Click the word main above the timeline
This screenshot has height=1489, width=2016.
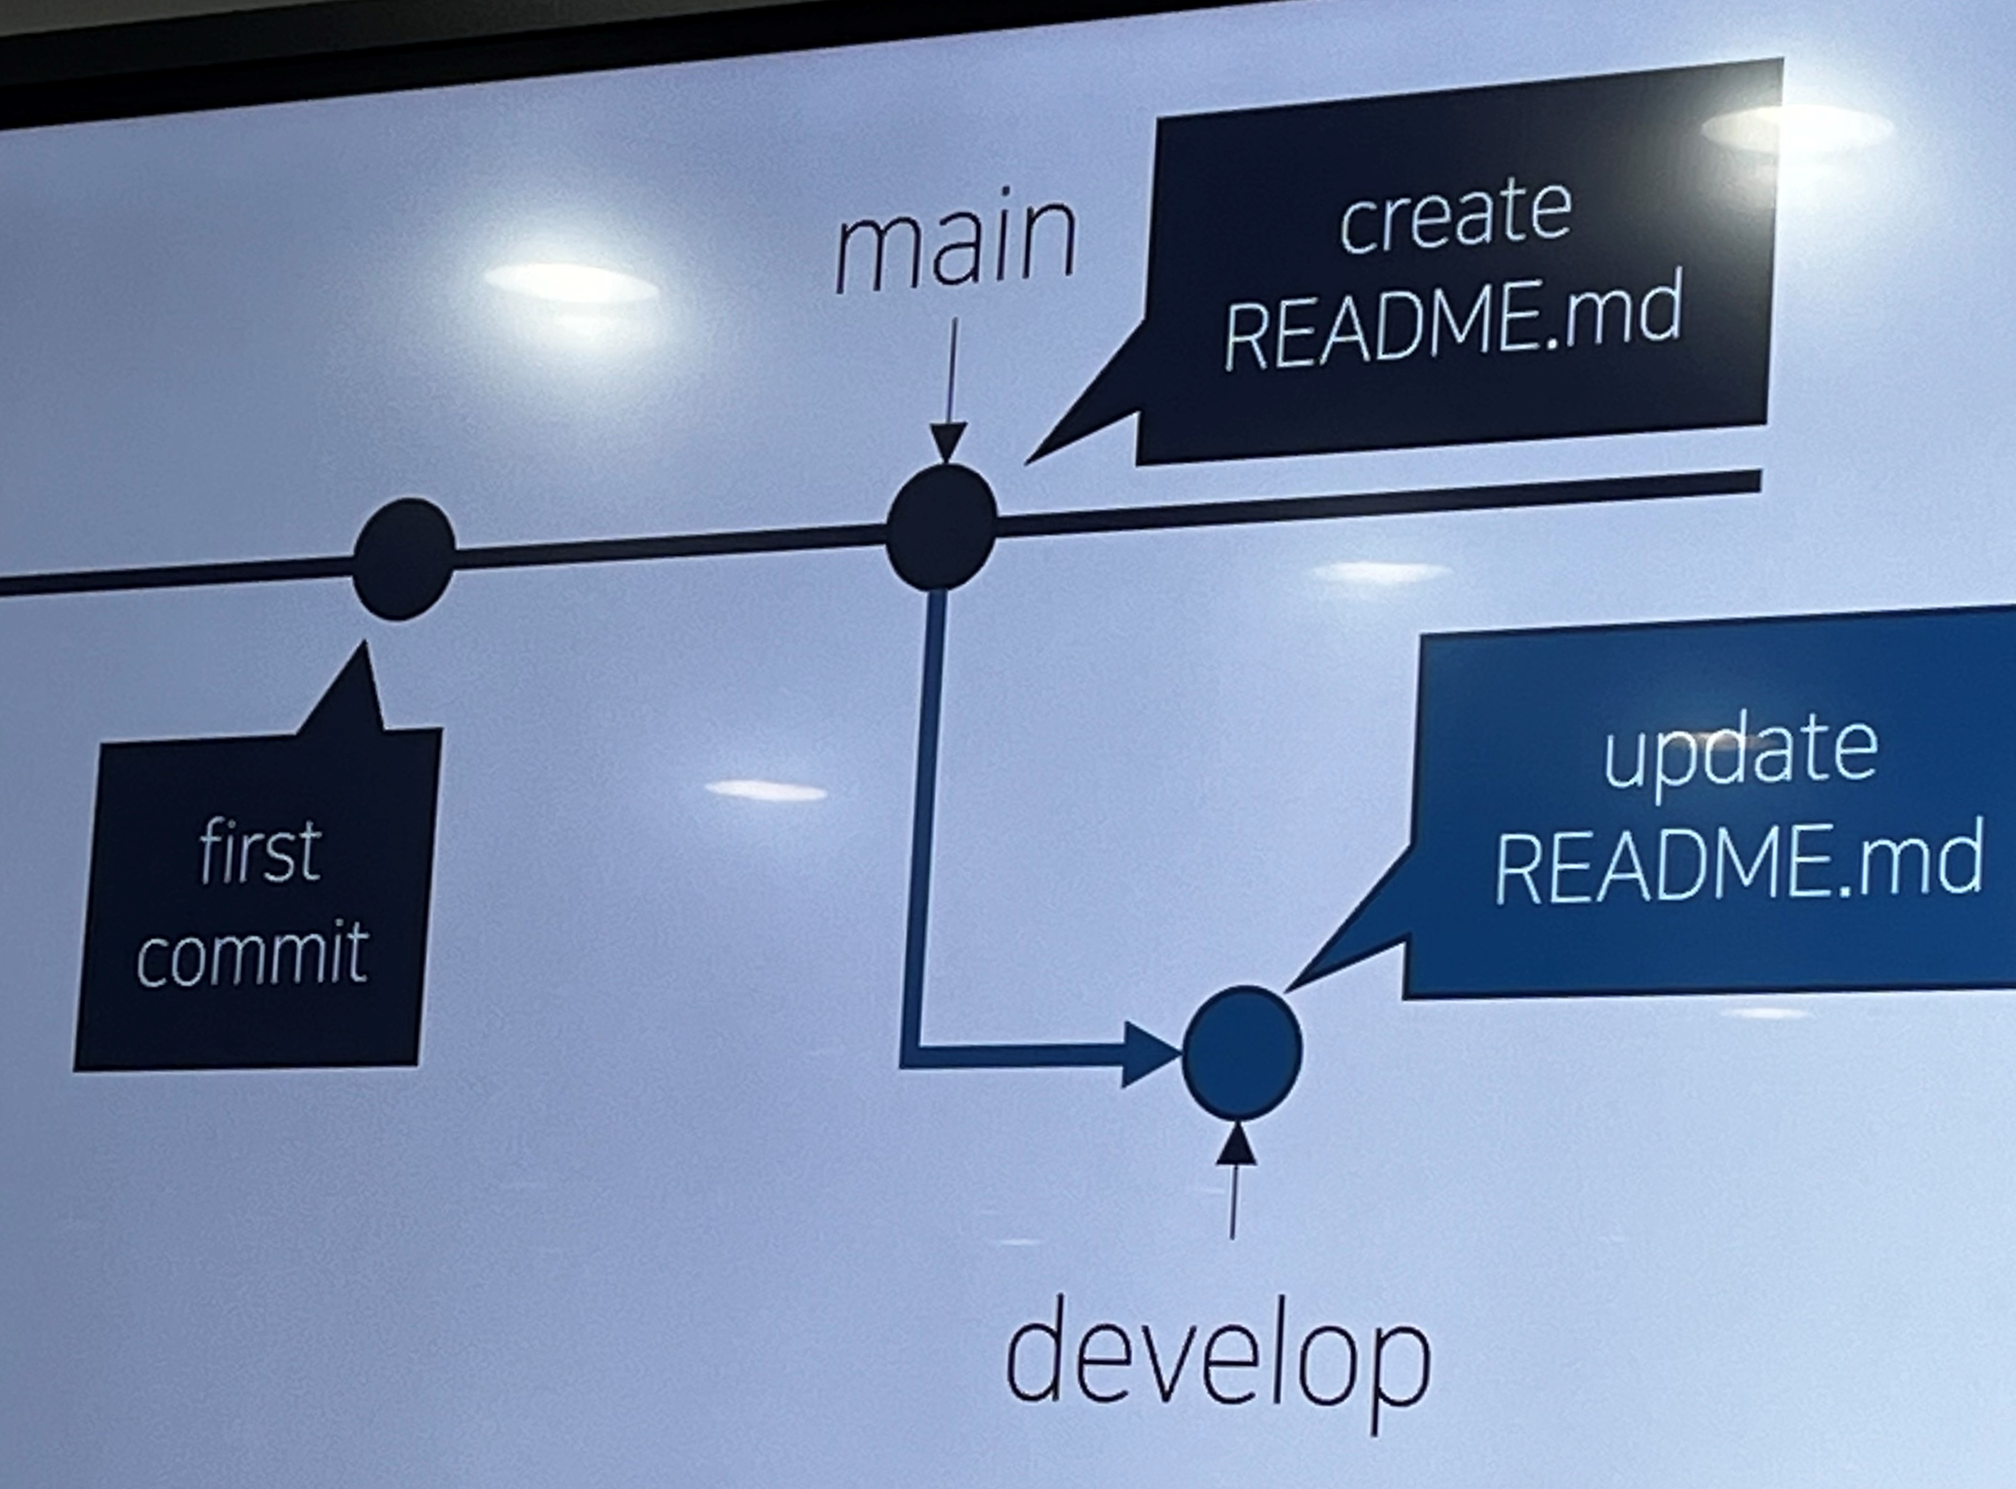(956, 243)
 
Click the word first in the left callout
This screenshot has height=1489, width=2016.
(259, 852)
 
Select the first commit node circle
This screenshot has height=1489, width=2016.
(402, 559)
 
